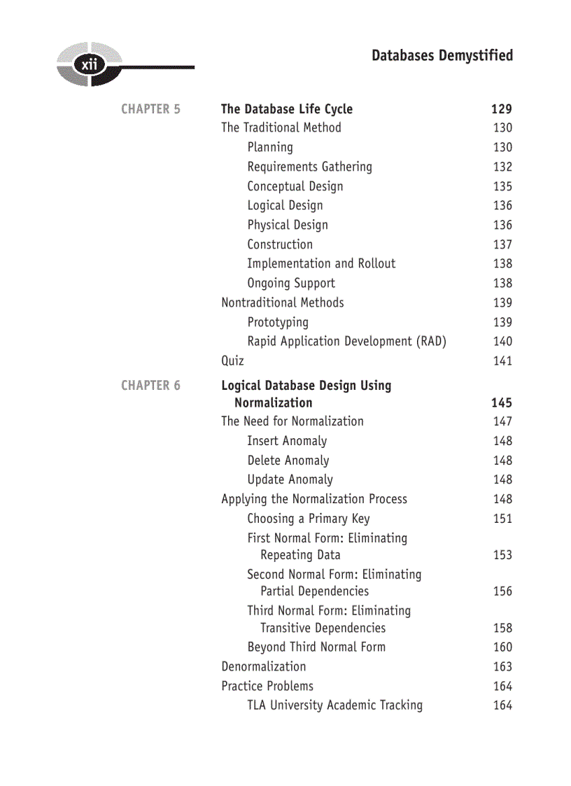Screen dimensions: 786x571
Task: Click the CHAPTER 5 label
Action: pyautogui.click(x=150, y=109)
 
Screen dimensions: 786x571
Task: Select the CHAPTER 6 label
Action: pyautogui.click(x=150, y=386)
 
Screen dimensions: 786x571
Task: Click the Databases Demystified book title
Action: pyautogui.click(x=442, y=55)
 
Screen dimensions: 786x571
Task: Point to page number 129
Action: pyautogui.click(x=501, y=109)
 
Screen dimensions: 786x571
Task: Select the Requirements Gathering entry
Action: pyautogui.click(x=309, y=167)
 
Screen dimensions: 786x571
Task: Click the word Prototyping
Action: pyautogui.click(x=278, y=322)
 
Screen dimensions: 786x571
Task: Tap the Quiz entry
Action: pyautogui.click(x=232, y=361)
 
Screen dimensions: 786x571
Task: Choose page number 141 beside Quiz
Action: pyautogui.click(x=502, y=361)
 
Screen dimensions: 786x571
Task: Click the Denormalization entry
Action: pyautogui.click(x=264, y=667)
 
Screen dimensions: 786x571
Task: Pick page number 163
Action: pyautogui.click(x=502, y=667)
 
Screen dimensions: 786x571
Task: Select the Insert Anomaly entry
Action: pyautogui.click(x=287, y=441)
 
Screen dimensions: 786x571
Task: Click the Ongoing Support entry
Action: pyautogui.click(x=291, y=283)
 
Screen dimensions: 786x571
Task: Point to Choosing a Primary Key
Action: pyautogui.click(x=309, y=519)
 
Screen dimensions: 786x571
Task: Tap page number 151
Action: pyautogui.click(x=502, y=519)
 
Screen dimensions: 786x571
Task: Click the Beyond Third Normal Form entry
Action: pyautogui.click(x=316, y=647)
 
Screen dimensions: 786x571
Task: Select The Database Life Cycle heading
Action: pyautogui.click(x=287, y=109)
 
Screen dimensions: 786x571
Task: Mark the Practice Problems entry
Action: pyautogui.click(x=267, y=687)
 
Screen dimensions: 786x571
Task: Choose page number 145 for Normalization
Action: pyautogui.click(x=501, y=403)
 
